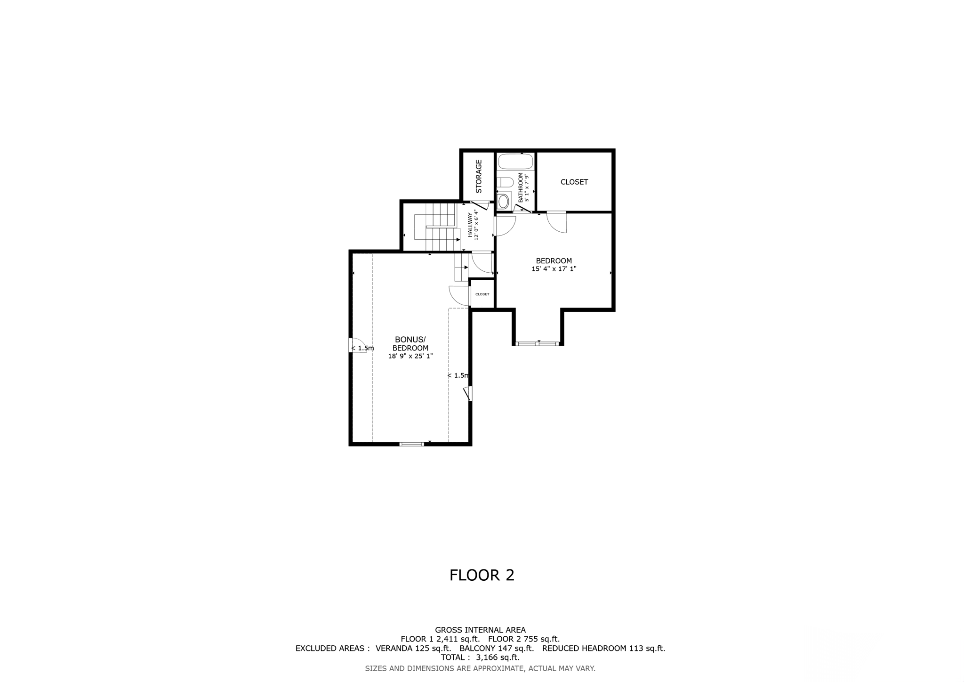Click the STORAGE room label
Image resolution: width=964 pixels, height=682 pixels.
pyautogui.click(x=479, y=176)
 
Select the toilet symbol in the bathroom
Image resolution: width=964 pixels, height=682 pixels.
pyautogui.click(x=505, y=182)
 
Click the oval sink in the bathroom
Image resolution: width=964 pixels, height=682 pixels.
pyautogui.click(x=503, y=201)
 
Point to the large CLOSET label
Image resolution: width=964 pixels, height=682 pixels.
pyautogui.click(x=574, y=182)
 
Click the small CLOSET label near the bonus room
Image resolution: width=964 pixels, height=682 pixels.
pyautogui.click(x=482, y=294)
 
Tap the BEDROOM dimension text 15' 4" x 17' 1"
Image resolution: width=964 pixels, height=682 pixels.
pyautogui.click(x=554, y=269)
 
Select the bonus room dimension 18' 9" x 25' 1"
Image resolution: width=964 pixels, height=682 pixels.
pyautogui.click(x=410, y=357)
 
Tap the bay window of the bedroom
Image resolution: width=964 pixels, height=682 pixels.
pyautogui.click(x=538, y=343)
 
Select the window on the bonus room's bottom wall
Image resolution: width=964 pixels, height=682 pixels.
pyautogui.click(x=411, y=444)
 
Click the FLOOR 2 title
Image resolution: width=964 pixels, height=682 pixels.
pyautogui.click(x=482, y=575)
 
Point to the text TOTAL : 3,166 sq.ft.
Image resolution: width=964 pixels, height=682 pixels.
pyautogui.click(x=480, y=657)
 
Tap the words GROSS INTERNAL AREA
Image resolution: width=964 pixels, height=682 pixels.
pyautogui.click(x=480, y=630)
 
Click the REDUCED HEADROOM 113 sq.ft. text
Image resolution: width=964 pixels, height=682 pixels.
pyautogui.click(x=603, y=648)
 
